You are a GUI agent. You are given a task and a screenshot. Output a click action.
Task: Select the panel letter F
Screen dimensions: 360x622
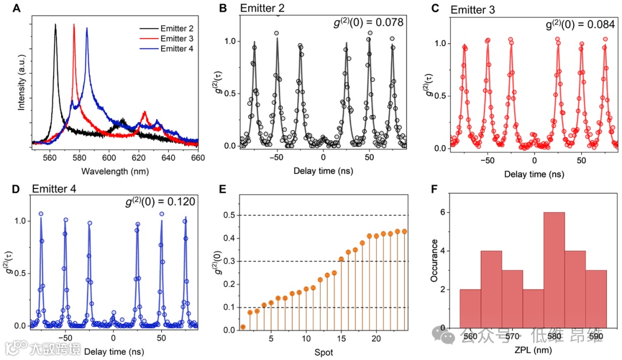coord(437,190)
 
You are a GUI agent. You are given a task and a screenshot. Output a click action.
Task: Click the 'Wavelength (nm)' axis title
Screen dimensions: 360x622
coord(115,171)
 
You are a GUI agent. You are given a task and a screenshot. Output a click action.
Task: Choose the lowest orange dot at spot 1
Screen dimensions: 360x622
coord(243,327)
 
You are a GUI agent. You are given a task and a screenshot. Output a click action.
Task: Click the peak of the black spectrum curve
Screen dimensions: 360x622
coord(56,25)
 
